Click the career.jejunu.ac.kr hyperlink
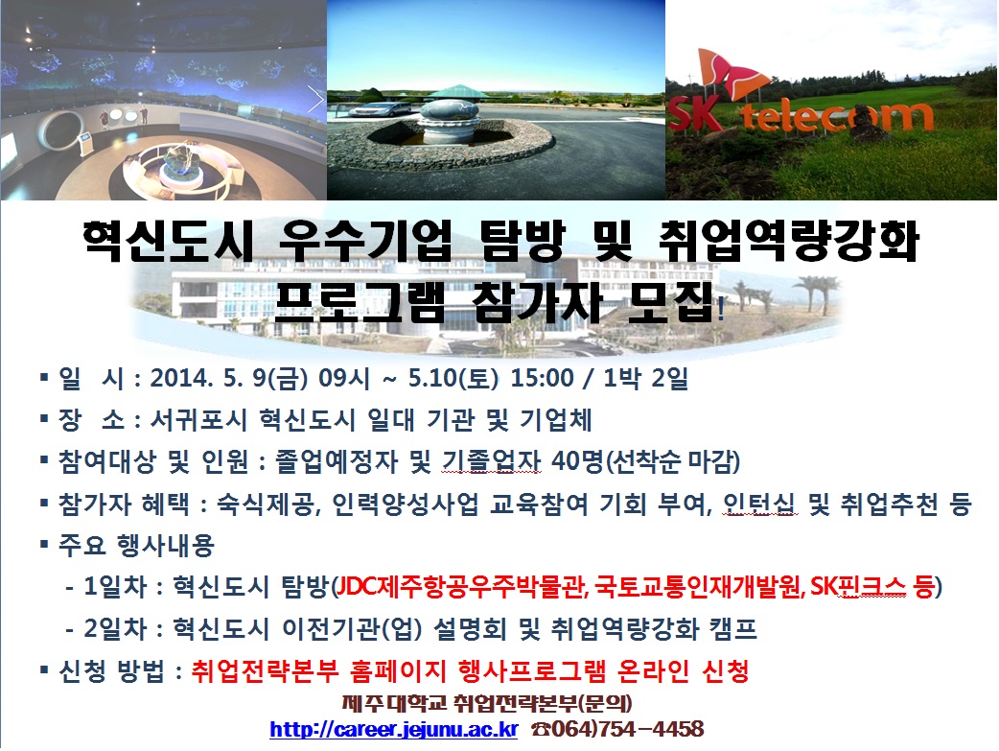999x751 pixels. [x=394, y=729]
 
